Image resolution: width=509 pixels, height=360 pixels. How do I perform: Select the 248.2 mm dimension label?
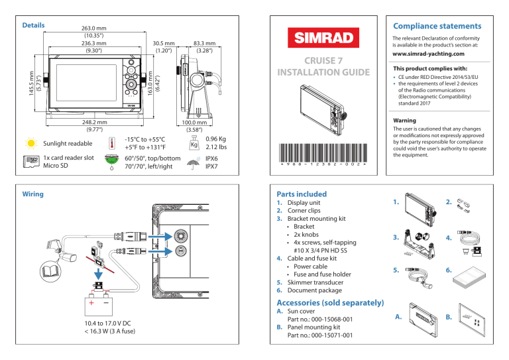(x=90, y=125)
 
